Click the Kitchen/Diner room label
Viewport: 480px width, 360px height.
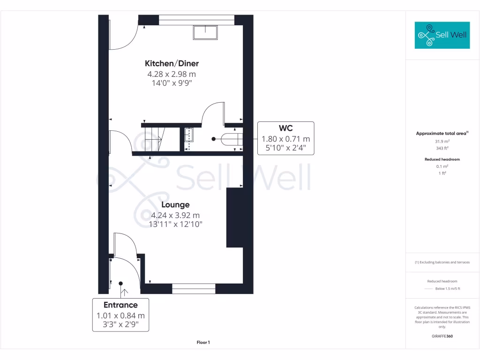pyautogui.click(x=175, y=63)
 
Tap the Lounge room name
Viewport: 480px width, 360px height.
pyautogui.click(x=175, y=205)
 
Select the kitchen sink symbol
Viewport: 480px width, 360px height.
pyautogui.click(x=205, y=32)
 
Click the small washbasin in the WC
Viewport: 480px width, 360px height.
pyautogui.click(x=189, y=135)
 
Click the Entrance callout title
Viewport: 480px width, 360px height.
pyautogui.click(x=120, y=305)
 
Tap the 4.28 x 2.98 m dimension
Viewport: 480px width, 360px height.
pyautogui.click(x=171, y=74)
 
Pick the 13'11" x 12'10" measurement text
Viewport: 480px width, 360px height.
pyautogui.click(x=175, y=224)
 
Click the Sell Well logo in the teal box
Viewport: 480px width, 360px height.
pyautogui.click(x=442, y=35)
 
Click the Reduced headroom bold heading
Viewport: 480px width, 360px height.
pyautogui.click(x=442, y=159)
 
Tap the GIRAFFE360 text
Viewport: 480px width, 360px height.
pyautogui.click(x=442, y=336)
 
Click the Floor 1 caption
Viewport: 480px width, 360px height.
pyautogui.click(x=203, y=343)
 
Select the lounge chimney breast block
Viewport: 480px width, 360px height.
pyautogui.click(x=234, y=217)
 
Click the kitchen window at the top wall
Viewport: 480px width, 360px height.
pyautogui.click(x=196, y=20)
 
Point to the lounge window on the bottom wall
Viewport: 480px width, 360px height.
pyautogui.click(x=194, y=289)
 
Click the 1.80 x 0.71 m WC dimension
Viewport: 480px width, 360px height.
pyautogui.click(x=286, y=139)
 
